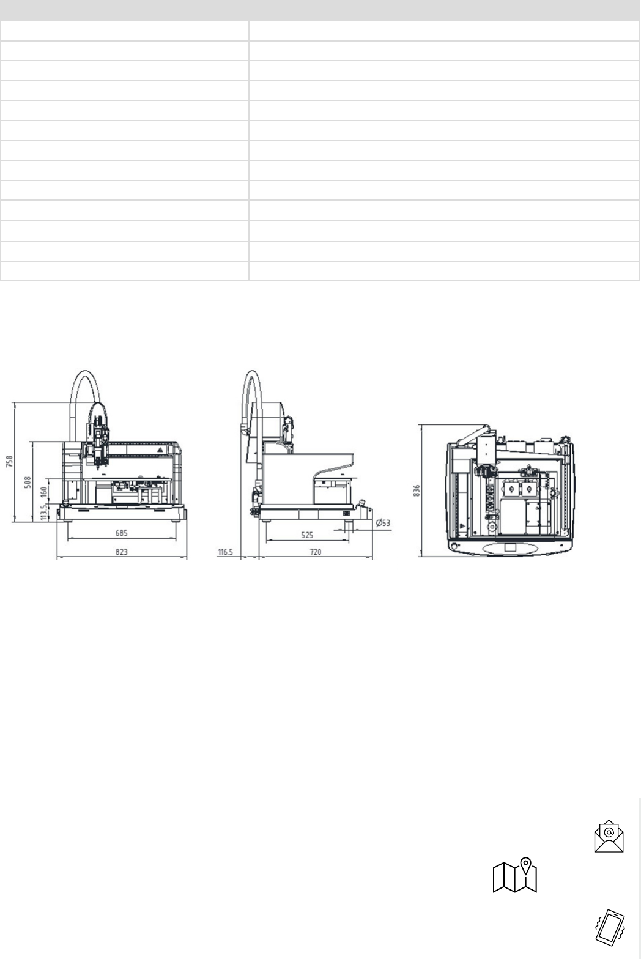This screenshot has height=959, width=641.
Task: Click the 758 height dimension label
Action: coord(9,462)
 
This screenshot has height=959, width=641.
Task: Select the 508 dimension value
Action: coord(28,483)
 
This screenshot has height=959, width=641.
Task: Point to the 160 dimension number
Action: coord(43,492)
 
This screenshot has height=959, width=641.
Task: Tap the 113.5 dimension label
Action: coord(43,513)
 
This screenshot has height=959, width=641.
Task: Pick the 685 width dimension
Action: coord(122,533)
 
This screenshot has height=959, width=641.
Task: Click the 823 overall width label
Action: coord(122,552)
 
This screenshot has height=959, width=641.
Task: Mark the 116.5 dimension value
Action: coord(225,552)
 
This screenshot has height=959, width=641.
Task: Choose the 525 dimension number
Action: coord(307,535)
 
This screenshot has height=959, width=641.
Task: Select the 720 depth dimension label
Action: coord(316,552)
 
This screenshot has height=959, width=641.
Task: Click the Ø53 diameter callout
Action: coord(383,523)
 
